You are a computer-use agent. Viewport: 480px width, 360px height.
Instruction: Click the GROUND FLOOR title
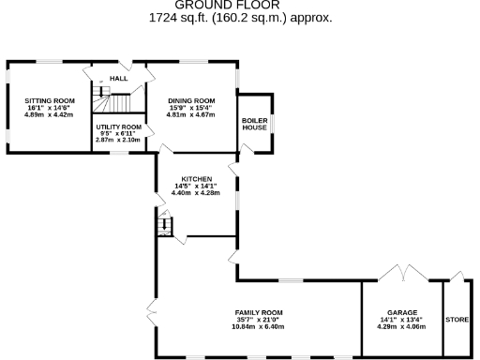tap(240, 6)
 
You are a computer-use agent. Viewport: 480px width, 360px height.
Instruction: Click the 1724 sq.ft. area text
tap(240, 17)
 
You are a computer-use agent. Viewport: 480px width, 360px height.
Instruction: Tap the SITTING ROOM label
tap(50, 99)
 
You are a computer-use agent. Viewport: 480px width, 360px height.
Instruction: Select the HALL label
tap(118, 78)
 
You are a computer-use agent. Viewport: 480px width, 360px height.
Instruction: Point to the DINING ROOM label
tap(191, 100)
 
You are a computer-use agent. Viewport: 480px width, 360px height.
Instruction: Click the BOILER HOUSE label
tap(254, 124)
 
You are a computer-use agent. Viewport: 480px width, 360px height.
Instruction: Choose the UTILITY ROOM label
tap(118, 127)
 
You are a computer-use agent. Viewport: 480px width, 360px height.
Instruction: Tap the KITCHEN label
tap(197, 178)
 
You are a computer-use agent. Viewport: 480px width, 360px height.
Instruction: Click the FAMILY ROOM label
tap(259, 312)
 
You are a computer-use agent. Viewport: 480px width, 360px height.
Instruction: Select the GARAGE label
tap(402, 312)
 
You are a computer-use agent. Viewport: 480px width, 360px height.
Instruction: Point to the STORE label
tap(457, 320)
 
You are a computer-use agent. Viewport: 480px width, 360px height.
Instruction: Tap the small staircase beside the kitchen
tap(165, 226)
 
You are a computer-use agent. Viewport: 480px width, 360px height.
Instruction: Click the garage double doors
tap(402, 275)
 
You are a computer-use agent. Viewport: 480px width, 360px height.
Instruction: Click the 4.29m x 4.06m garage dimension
tap(402, 327)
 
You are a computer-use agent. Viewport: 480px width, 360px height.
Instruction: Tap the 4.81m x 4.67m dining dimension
tap(191, 114)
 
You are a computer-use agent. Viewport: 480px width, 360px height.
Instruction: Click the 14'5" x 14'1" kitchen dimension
tap(197, 186)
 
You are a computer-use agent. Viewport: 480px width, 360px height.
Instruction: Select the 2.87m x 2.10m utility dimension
tap(118, 140)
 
